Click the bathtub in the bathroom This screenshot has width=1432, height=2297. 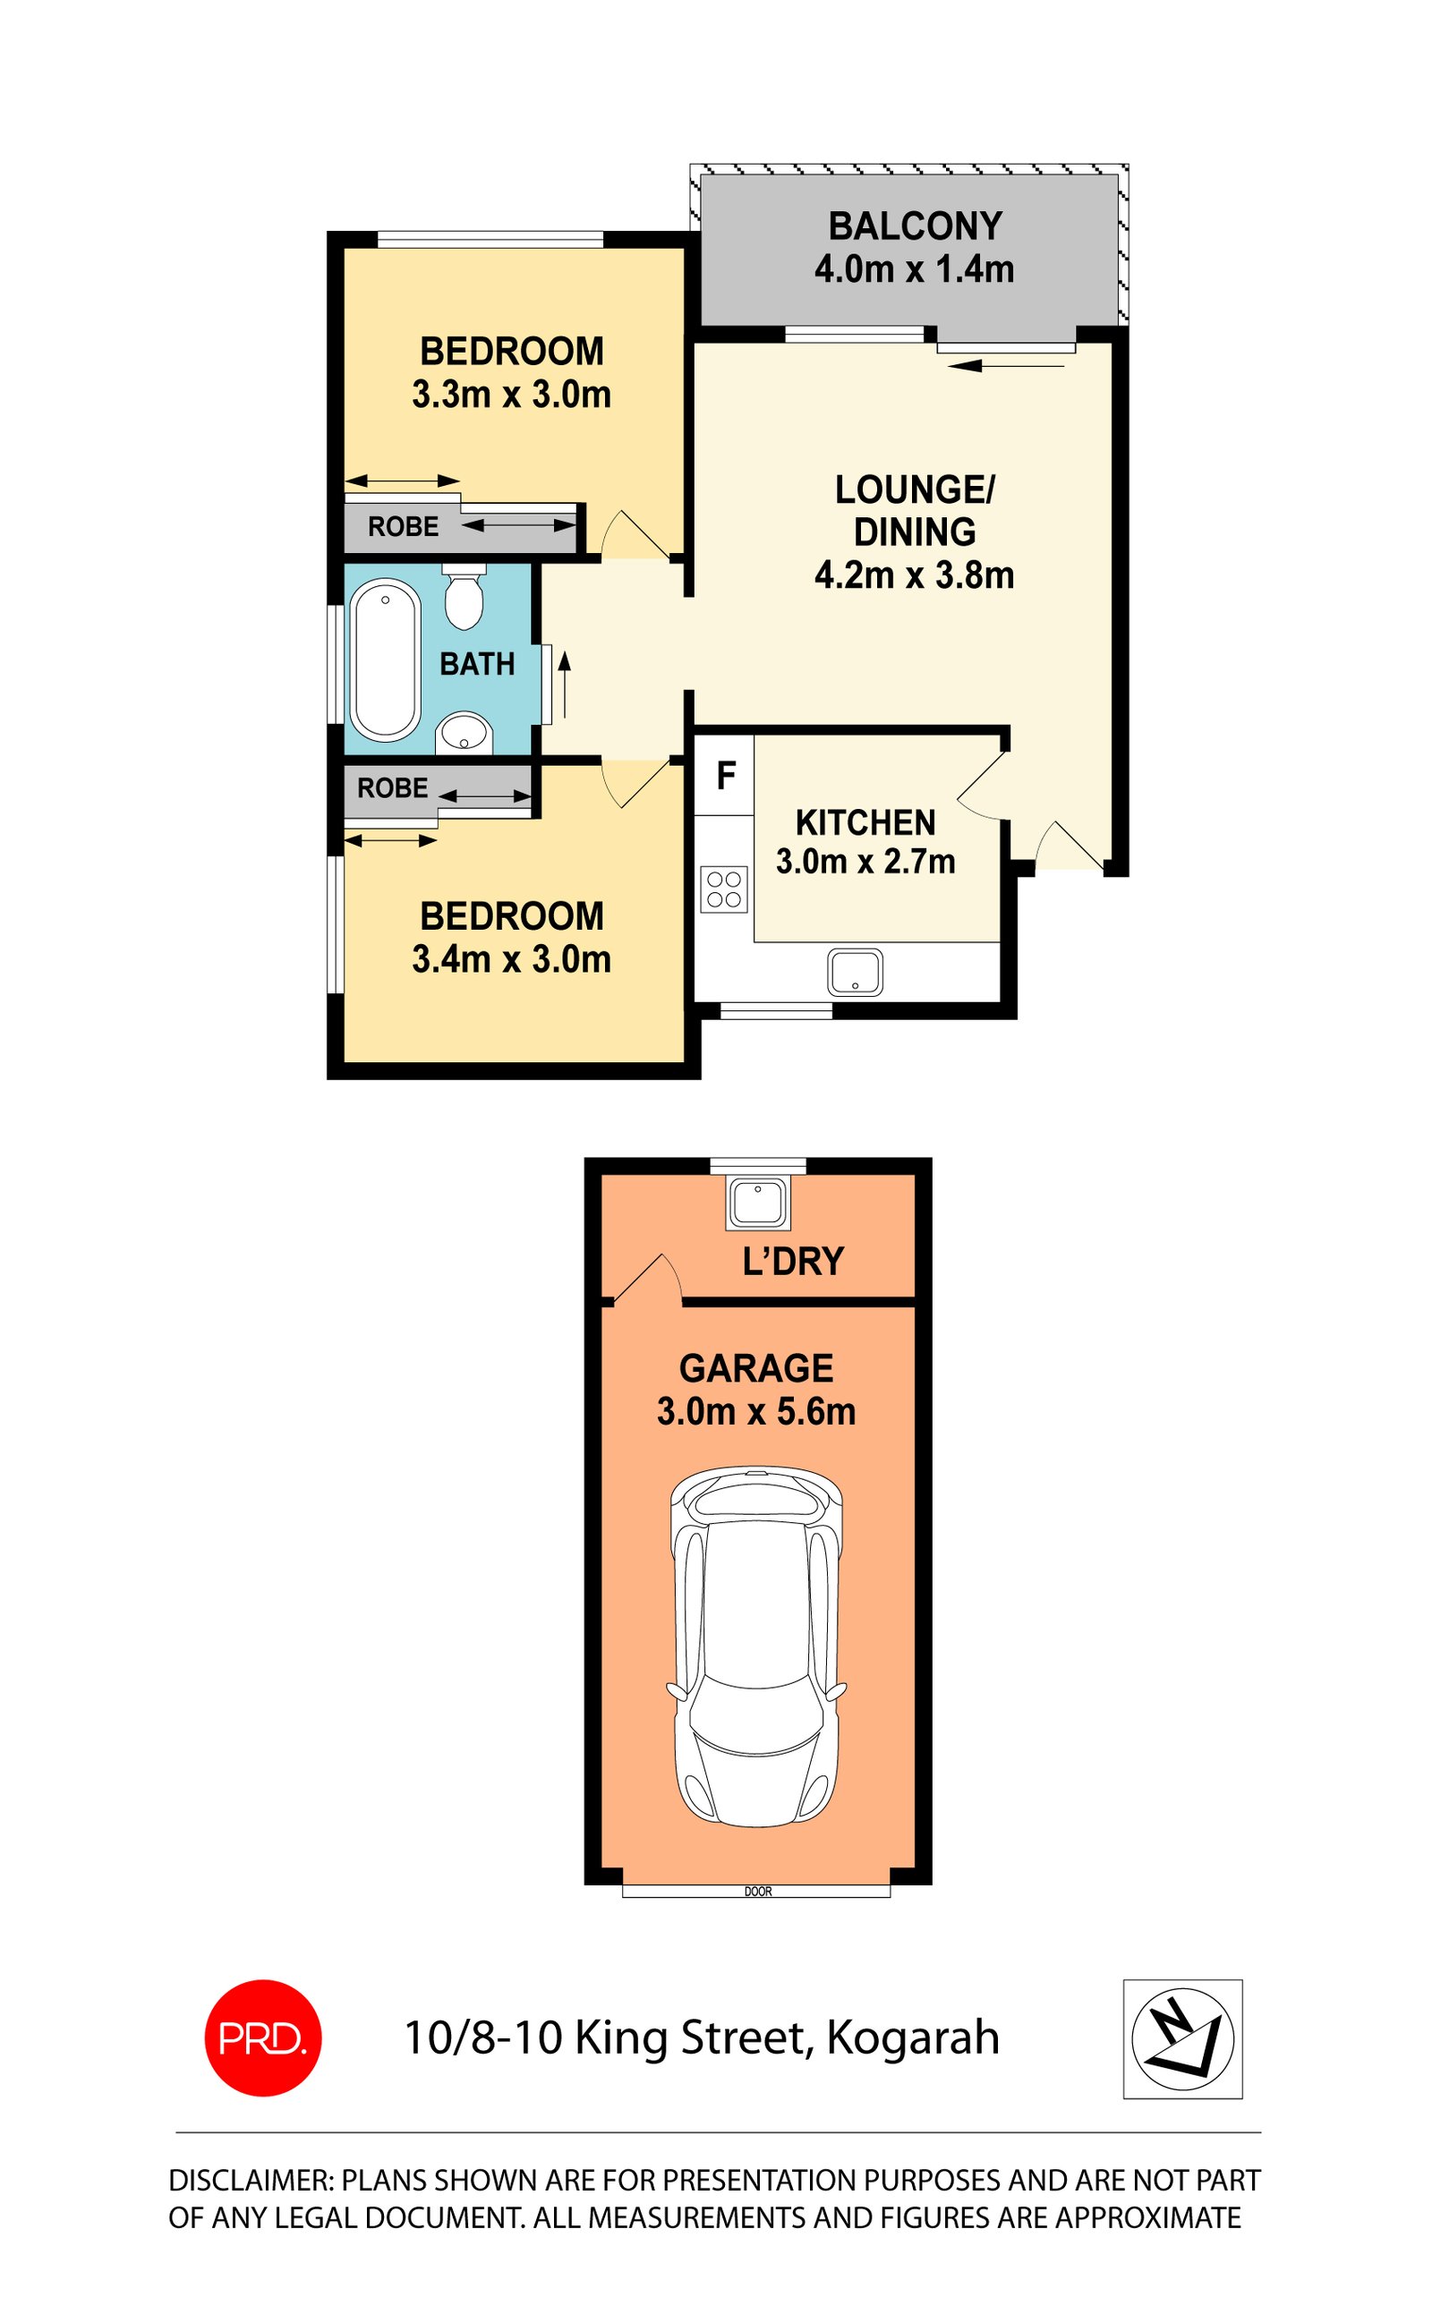[x=385, y=660]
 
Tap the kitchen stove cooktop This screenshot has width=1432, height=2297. [x=723, y=890]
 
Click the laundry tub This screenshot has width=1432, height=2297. [x=757, y=1203]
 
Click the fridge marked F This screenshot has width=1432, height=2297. [x=726, y=776]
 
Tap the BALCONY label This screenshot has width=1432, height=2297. [x=915, y=226]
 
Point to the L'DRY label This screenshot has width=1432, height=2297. [x=793, y=1261]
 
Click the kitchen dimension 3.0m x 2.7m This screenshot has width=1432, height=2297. [x=865, y=862]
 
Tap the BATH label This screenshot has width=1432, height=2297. [x=477, y=664]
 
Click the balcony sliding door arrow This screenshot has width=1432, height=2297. [x=1006, y=365]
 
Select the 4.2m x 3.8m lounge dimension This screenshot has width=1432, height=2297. [x=914, y=574]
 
